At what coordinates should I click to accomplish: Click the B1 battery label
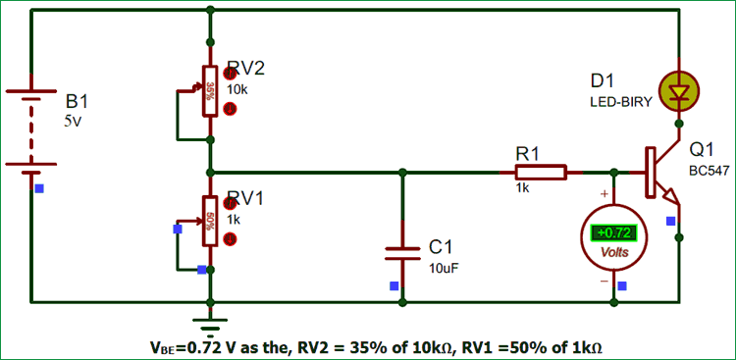click(x=77, y=102)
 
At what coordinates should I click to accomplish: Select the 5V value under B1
click(x=75, y=122)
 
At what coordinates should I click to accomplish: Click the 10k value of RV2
click(x=239, y=90)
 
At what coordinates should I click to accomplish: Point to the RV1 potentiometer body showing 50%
click(x=210, y=220)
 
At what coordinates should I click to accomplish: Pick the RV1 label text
click(x=246, y=198)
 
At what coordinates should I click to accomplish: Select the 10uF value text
click(x=446, y=266)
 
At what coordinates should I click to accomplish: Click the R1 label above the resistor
click(x=528, y=153)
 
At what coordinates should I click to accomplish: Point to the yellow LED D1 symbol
click(x=677, y=90)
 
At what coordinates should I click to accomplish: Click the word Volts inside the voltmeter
click(x=615, y=252)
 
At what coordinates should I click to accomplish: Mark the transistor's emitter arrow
click(x=673, y=200)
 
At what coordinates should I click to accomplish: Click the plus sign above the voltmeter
click(x=603, y=194)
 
